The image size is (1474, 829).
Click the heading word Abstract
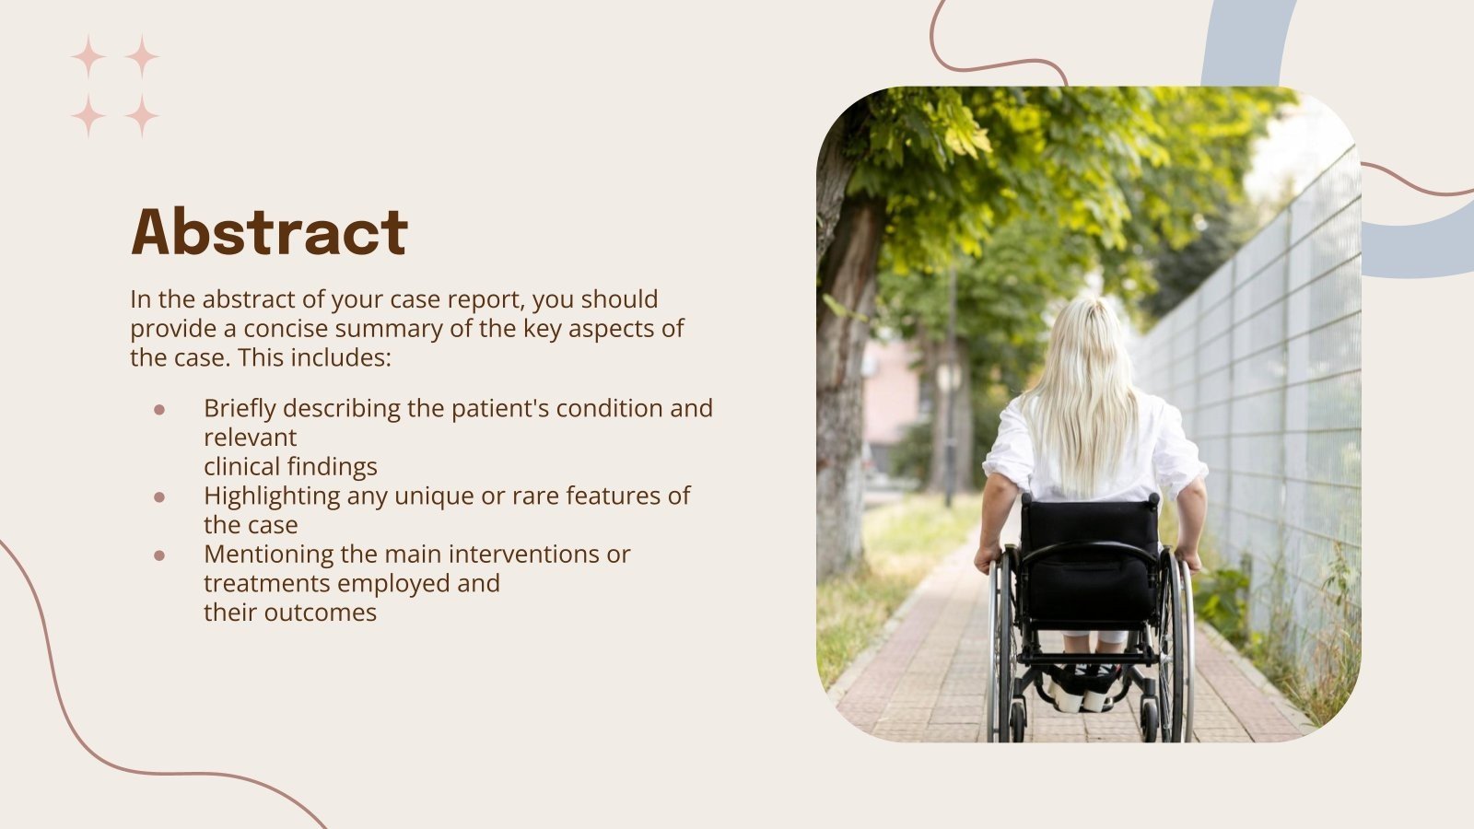(269, 231)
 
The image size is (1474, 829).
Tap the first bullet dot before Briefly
(159, 409)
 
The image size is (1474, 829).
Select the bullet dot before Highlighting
(159, 496)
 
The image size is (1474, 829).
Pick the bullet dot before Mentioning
(159, 555)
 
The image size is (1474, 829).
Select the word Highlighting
(272, 496)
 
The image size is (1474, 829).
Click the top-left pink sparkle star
(88, 57)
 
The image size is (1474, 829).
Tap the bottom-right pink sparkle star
(142, 116)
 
